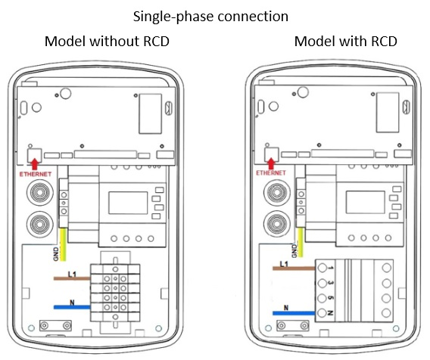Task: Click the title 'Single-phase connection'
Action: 210,17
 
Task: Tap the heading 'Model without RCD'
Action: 107,42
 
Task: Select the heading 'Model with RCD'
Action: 345,42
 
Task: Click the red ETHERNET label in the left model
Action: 36,174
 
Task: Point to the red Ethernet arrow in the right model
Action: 271,163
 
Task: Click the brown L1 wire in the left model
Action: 72,278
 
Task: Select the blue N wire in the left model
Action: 72,307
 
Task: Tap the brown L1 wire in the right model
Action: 294,268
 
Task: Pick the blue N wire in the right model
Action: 294,313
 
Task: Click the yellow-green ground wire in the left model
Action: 63,244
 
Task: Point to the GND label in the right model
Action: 294,251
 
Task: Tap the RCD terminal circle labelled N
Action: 322,312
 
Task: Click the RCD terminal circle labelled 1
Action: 322,268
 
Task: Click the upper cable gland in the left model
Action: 40,193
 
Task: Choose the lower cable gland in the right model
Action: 277,223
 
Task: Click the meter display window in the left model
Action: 128,203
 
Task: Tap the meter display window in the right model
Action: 366,202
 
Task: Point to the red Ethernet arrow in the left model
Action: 34,164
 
